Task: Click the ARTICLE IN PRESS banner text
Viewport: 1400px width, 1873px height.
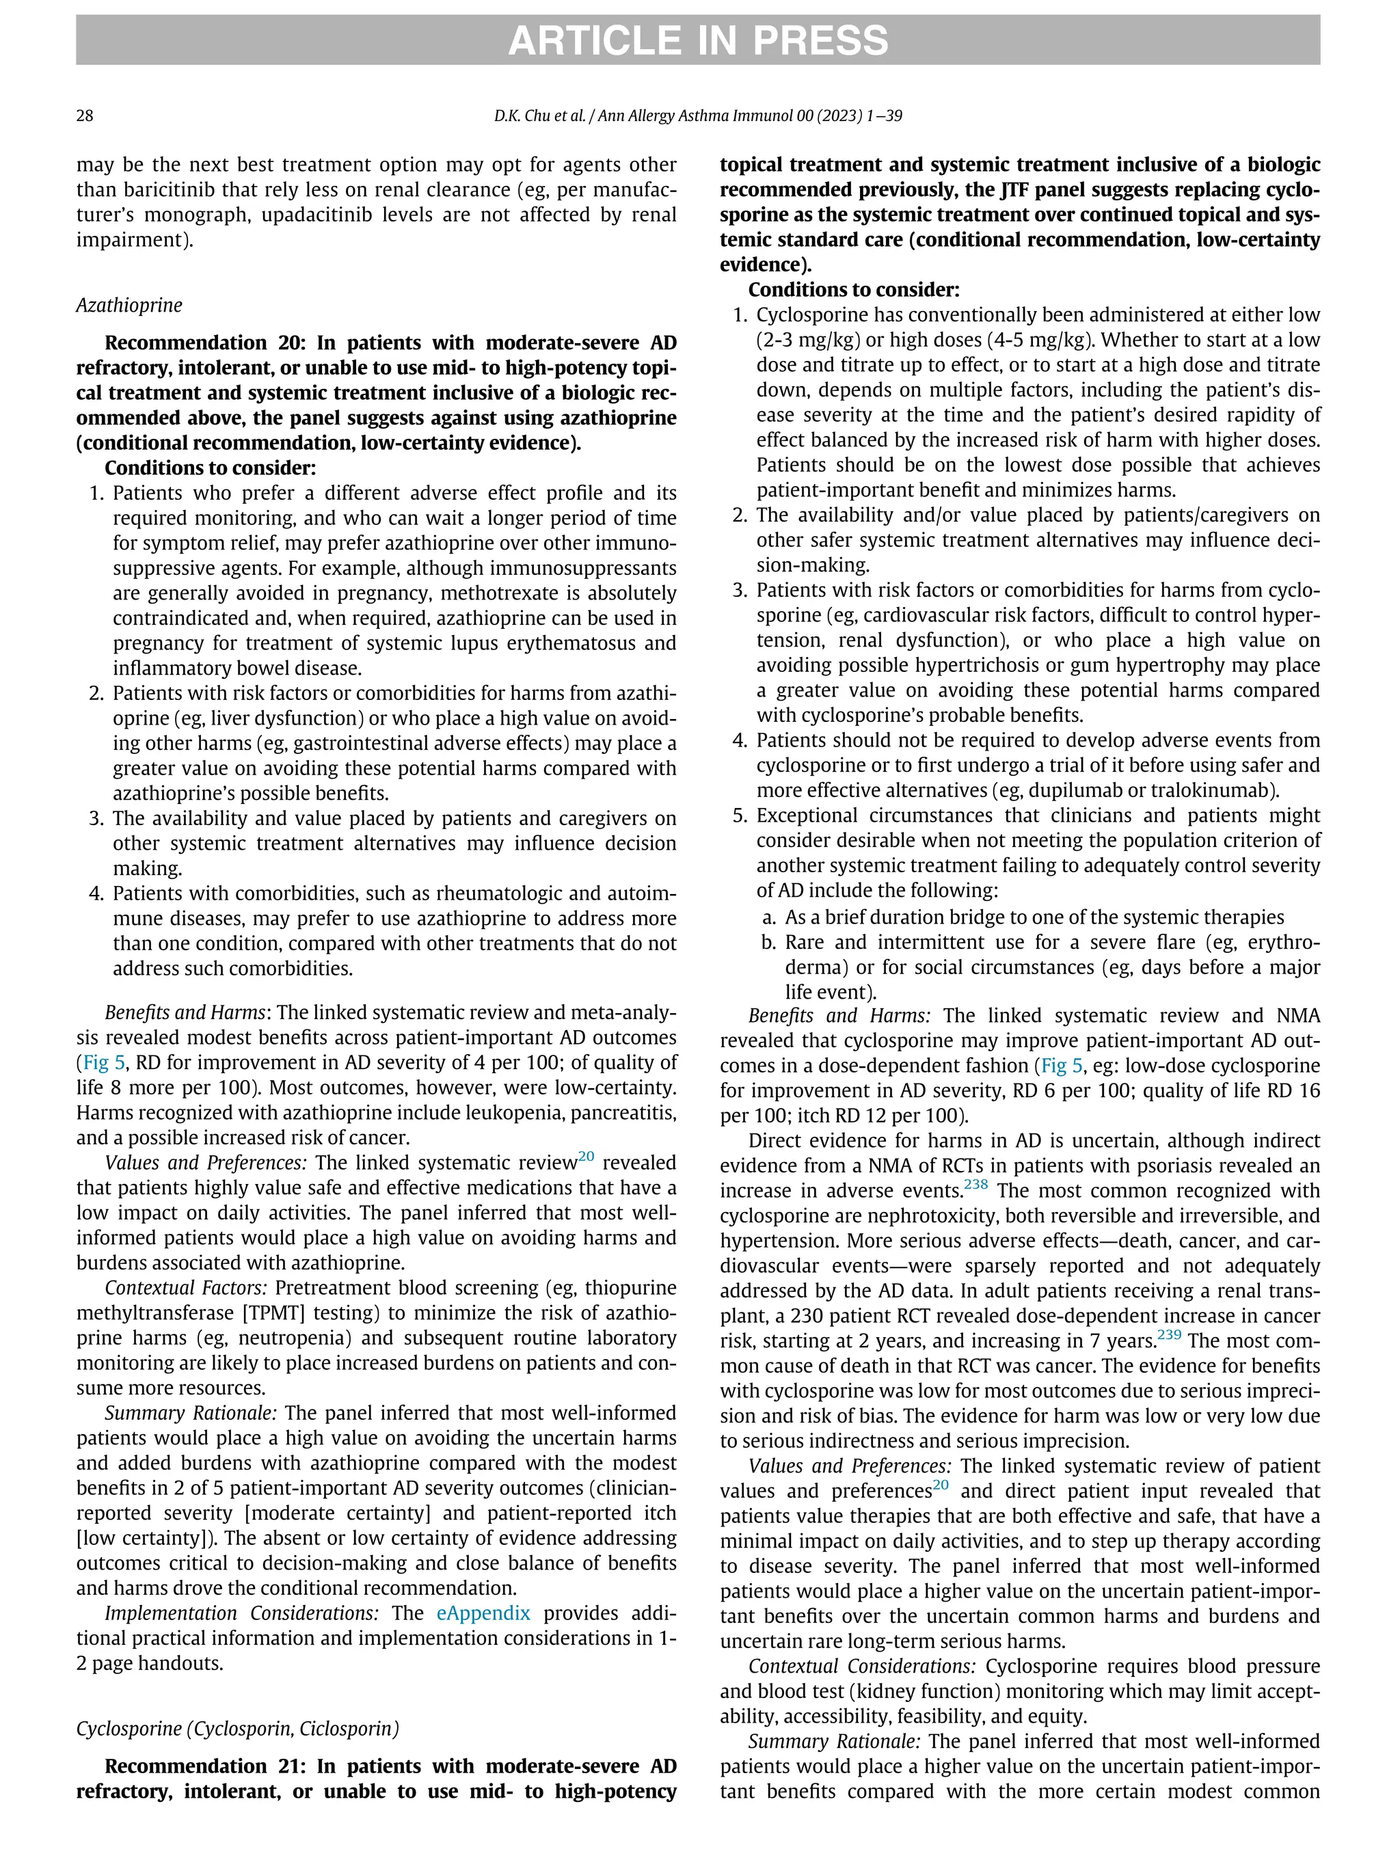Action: point(698,40)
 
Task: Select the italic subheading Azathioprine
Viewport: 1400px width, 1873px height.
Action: point(129,305)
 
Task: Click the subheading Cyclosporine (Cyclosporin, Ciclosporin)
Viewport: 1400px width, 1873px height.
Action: point(237,1728)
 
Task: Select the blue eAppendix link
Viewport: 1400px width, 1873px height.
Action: point(483,1613)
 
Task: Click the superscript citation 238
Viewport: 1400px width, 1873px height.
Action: point(975,1185)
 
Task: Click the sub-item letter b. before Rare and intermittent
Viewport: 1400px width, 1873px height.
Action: point(769,943)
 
